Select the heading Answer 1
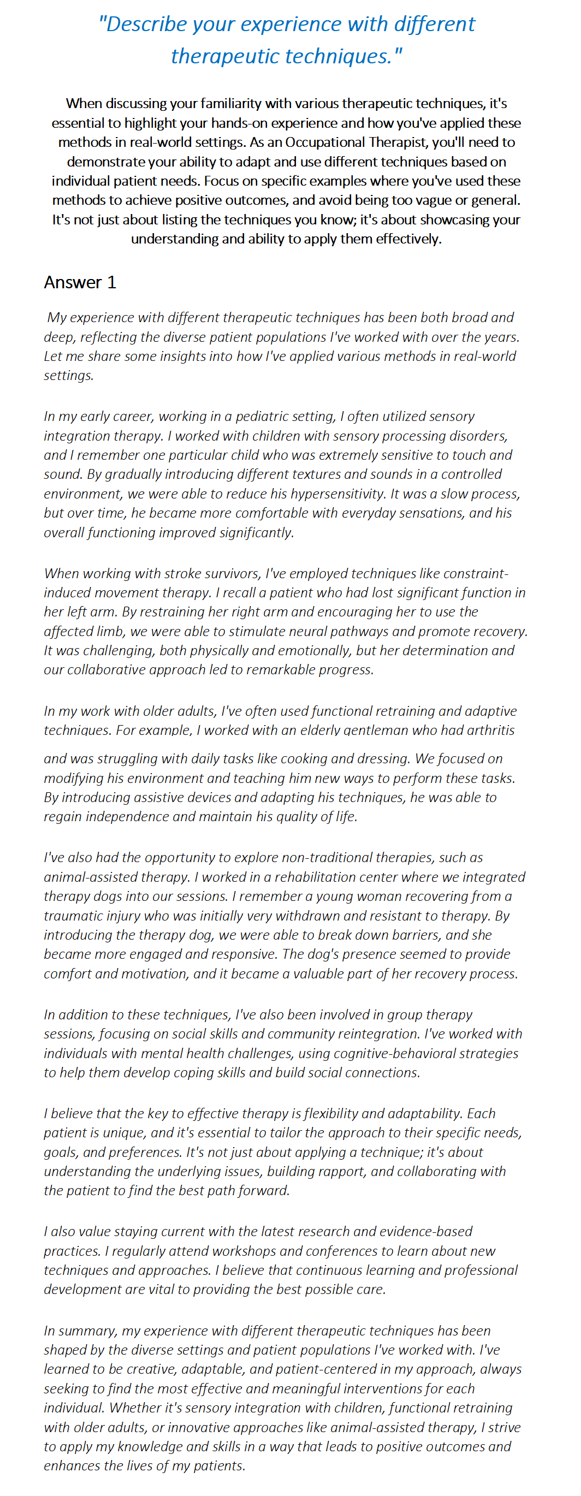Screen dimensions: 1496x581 80,282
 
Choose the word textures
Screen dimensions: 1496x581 313,474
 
